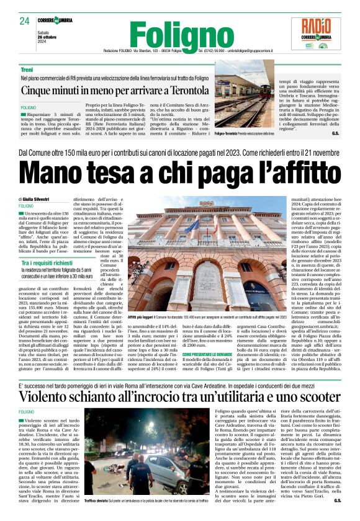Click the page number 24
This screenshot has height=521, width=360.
tap(25, 21)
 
